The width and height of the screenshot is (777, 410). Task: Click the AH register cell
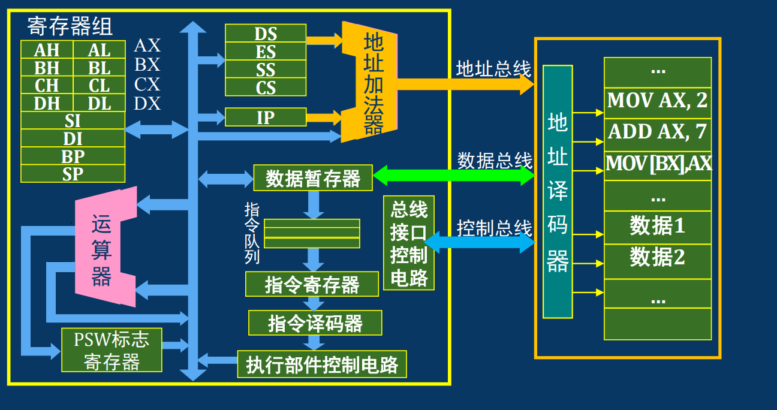[x=47, y=50]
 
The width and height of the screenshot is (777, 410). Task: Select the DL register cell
[x=99, y=103]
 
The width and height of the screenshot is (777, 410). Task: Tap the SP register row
[x=73, y=174]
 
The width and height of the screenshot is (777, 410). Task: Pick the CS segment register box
[x=266, y=88]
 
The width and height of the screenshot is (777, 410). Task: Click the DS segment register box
[x=266, y=34]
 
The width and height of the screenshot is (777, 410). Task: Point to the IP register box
[x=266, y=117]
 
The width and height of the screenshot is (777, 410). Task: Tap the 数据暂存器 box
[x=312, y=178]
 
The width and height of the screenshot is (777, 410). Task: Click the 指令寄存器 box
[x=312, y=284]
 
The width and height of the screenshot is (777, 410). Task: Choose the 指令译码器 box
[x=315, y=323]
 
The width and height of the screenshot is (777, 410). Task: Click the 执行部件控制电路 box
[x=322, y=364]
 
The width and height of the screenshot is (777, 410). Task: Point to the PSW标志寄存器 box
[x=112, y=350]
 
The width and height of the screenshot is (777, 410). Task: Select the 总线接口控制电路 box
[x=408, y=243]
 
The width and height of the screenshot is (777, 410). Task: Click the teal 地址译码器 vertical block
[x=558, y=192]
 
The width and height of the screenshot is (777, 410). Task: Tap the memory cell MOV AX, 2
[x=658, y=101]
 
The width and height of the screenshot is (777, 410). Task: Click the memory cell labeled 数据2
[x=658, y=258]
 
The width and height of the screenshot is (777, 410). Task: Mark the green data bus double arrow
[x=453, y=176]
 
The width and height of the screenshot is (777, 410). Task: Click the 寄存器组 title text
[x=70, y=26]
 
